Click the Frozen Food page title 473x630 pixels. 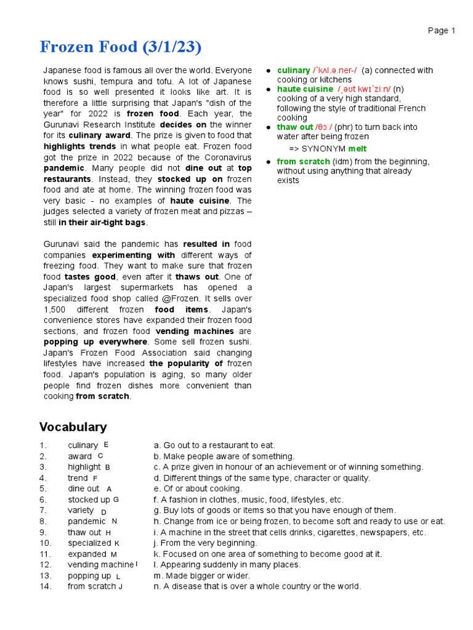121,47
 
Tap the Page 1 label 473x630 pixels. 442,30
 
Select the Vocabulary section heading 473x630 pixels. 73,427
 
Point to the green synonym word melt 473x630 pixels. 357,149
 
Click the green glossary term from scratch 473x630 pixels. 303,162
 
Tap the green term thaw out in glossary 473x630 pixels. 295,127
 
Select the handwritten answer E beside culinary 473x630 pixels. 106,444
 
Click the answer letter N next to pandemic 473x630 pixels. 115,521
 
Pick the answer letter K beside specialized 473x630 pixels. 117,543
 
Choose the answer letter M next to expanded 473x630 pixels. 114,554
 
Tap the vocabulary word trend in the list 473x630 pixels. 78,478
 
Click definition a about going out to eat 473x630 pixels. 214,445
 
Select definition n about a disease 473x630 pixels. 257,587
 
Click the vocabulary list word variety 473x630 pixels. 81,511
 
